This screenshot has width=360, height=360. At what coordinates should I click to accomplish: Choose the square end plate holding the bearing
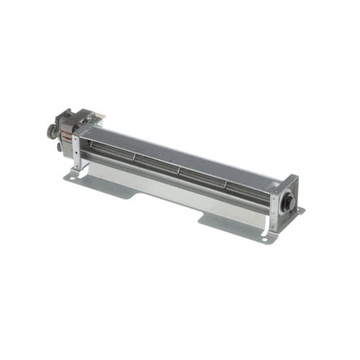tap(285, 198)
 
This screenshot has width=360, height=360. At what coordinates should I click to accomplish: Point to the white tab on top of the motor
tap(97, 116)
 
